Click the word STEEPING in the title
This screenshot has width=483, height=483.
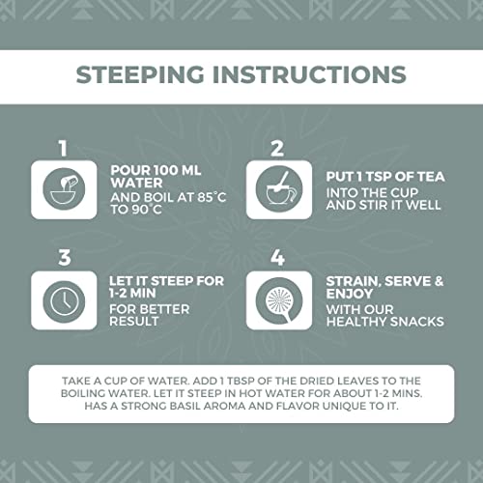(140, 74)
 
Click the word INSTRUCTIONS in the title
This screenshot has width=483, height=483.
(309, 74)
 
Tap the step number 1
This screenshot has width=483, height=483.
(63, 149)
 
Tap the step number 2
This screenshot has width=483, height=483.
(277, 149)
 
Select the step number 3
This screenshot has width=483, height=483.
(65, 257)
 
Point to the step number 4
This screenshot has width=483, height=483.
(277, 257)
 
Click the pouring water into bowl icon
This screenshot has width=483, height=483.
(64, 189)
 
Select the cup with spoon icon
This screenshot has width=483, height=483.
(279, 189)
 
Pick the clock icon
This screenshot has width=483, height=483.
(64, 300)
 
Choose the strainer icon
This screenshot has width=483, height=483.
(279, 300)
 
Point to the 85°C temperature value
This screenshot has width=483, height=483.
(212, 197)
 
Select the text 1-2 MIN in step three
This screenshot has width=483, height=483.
(132, 294)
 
